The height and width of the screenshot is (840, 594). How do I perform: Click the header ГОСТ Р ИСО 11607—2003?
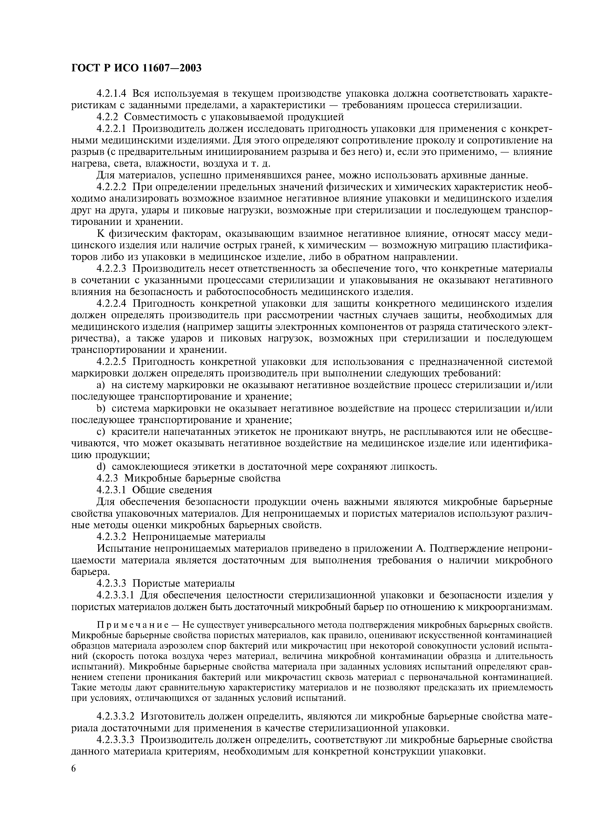[x=136, y=68]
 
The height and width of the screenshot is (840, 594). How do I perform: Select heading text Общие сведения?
[x=172, y=490]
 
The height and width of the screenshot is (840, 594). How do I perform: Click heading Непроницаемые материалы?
[x=199, y=537]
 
